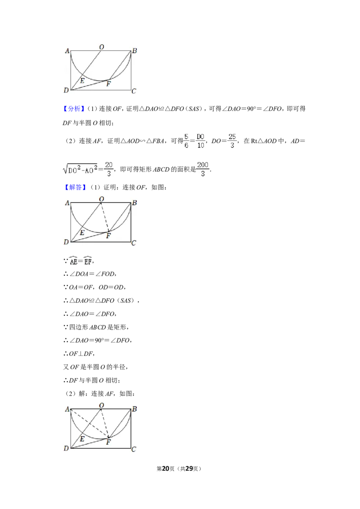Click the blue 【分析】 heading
[x=74, y=109]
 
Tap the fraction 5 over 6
[x=186, y=141]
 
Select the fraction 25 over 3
[x=232, y=141]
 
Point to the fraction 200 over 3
[x=203, y=169]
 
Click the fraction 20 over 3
[x=109, y=169]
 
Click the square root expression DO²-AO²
[x=80, y=169]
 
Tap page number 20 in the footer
[x=166, y=469]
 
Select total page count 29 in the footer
[x=189, y=469]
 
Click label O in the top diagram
[x=102, y=47]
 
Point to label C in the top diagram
[x=134, y=91]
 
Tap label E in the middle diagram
[x=82, y=232]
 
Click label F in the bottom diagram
[x=108, y=442]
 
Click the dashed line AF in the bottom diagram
[x=90, y=423]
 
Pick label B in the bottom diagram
[x=135, y=409]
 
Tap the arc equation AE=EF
[x=81, y=261]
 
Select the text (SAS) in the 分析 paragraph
[x=193, y=109]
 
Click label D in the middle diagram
[x=66, y=242]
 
